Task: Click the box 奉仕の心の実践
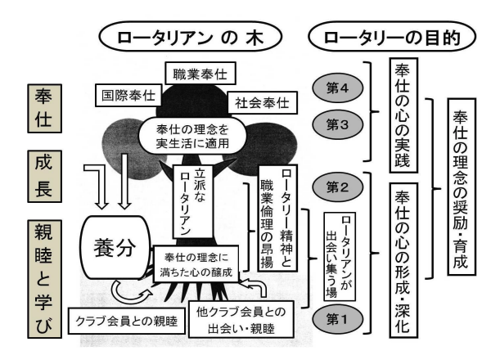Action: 403,107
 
